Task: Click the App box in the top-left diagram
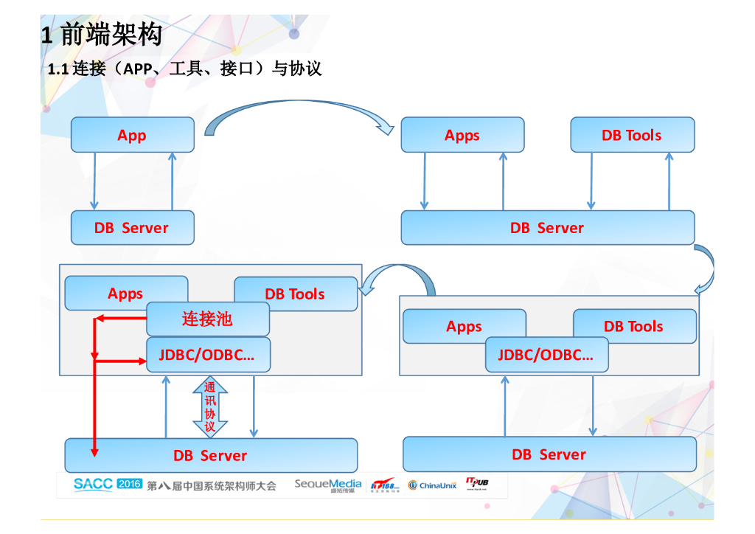click(x=133, y=135)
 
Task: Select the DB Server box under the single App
click(x=133, y=228)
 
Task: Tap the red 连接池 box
click(x=207, y=319)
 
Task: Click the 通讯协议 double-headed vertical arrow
click(x=210, y=407)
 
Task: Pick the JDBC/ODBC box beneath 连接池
click(x=207, y=355)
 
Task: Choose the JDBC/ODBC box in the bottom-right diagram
click(x=546, y=355)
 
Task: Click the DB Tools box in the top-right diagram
click(x=632, y=135)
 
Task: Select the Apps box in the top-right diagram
click(x=462, y=135)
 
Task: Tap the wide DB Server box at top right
click(x=547, y=228)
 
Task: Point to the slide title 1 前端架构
click(x=101, y=34)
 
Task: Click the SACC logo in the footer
click(x=93, y=484)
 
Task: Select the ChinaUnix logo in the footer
click(x=433, y=485)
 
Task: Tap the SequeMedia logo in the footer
click(x=328, y=485)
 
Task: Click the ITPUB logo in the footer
click(x=477, y=483)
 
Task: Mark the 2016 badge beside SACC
click(x=129, y=484)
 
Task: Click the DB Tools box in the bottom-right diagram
click(x=634, y=326)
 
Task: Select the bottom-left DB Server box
click(x=211, y=456)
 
